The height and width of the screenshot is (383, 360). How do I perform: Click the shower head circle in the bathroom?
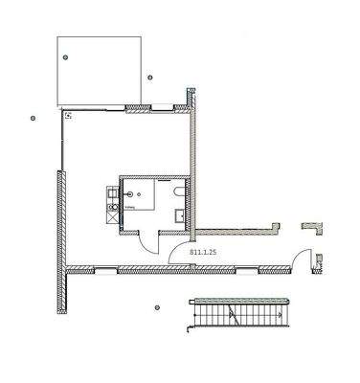(x=133, y=190)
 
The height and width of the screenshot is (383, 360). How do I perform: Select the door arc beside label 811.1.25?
(x=179, y=253)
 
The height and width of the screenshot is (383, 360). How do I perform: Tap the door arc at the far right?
(x=302, y=259)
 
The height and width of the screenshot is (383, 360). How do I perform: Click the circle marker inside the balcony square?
(x=66, y=58)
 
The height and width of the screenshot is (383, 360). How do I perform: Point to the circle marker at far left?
(x=33, y=119)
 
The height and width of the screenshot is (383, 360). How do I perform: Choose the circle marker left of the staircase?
(x=157, y=308)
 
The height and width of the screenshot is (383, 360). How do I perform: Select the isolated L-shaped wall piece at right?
(x=312, y=228)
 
